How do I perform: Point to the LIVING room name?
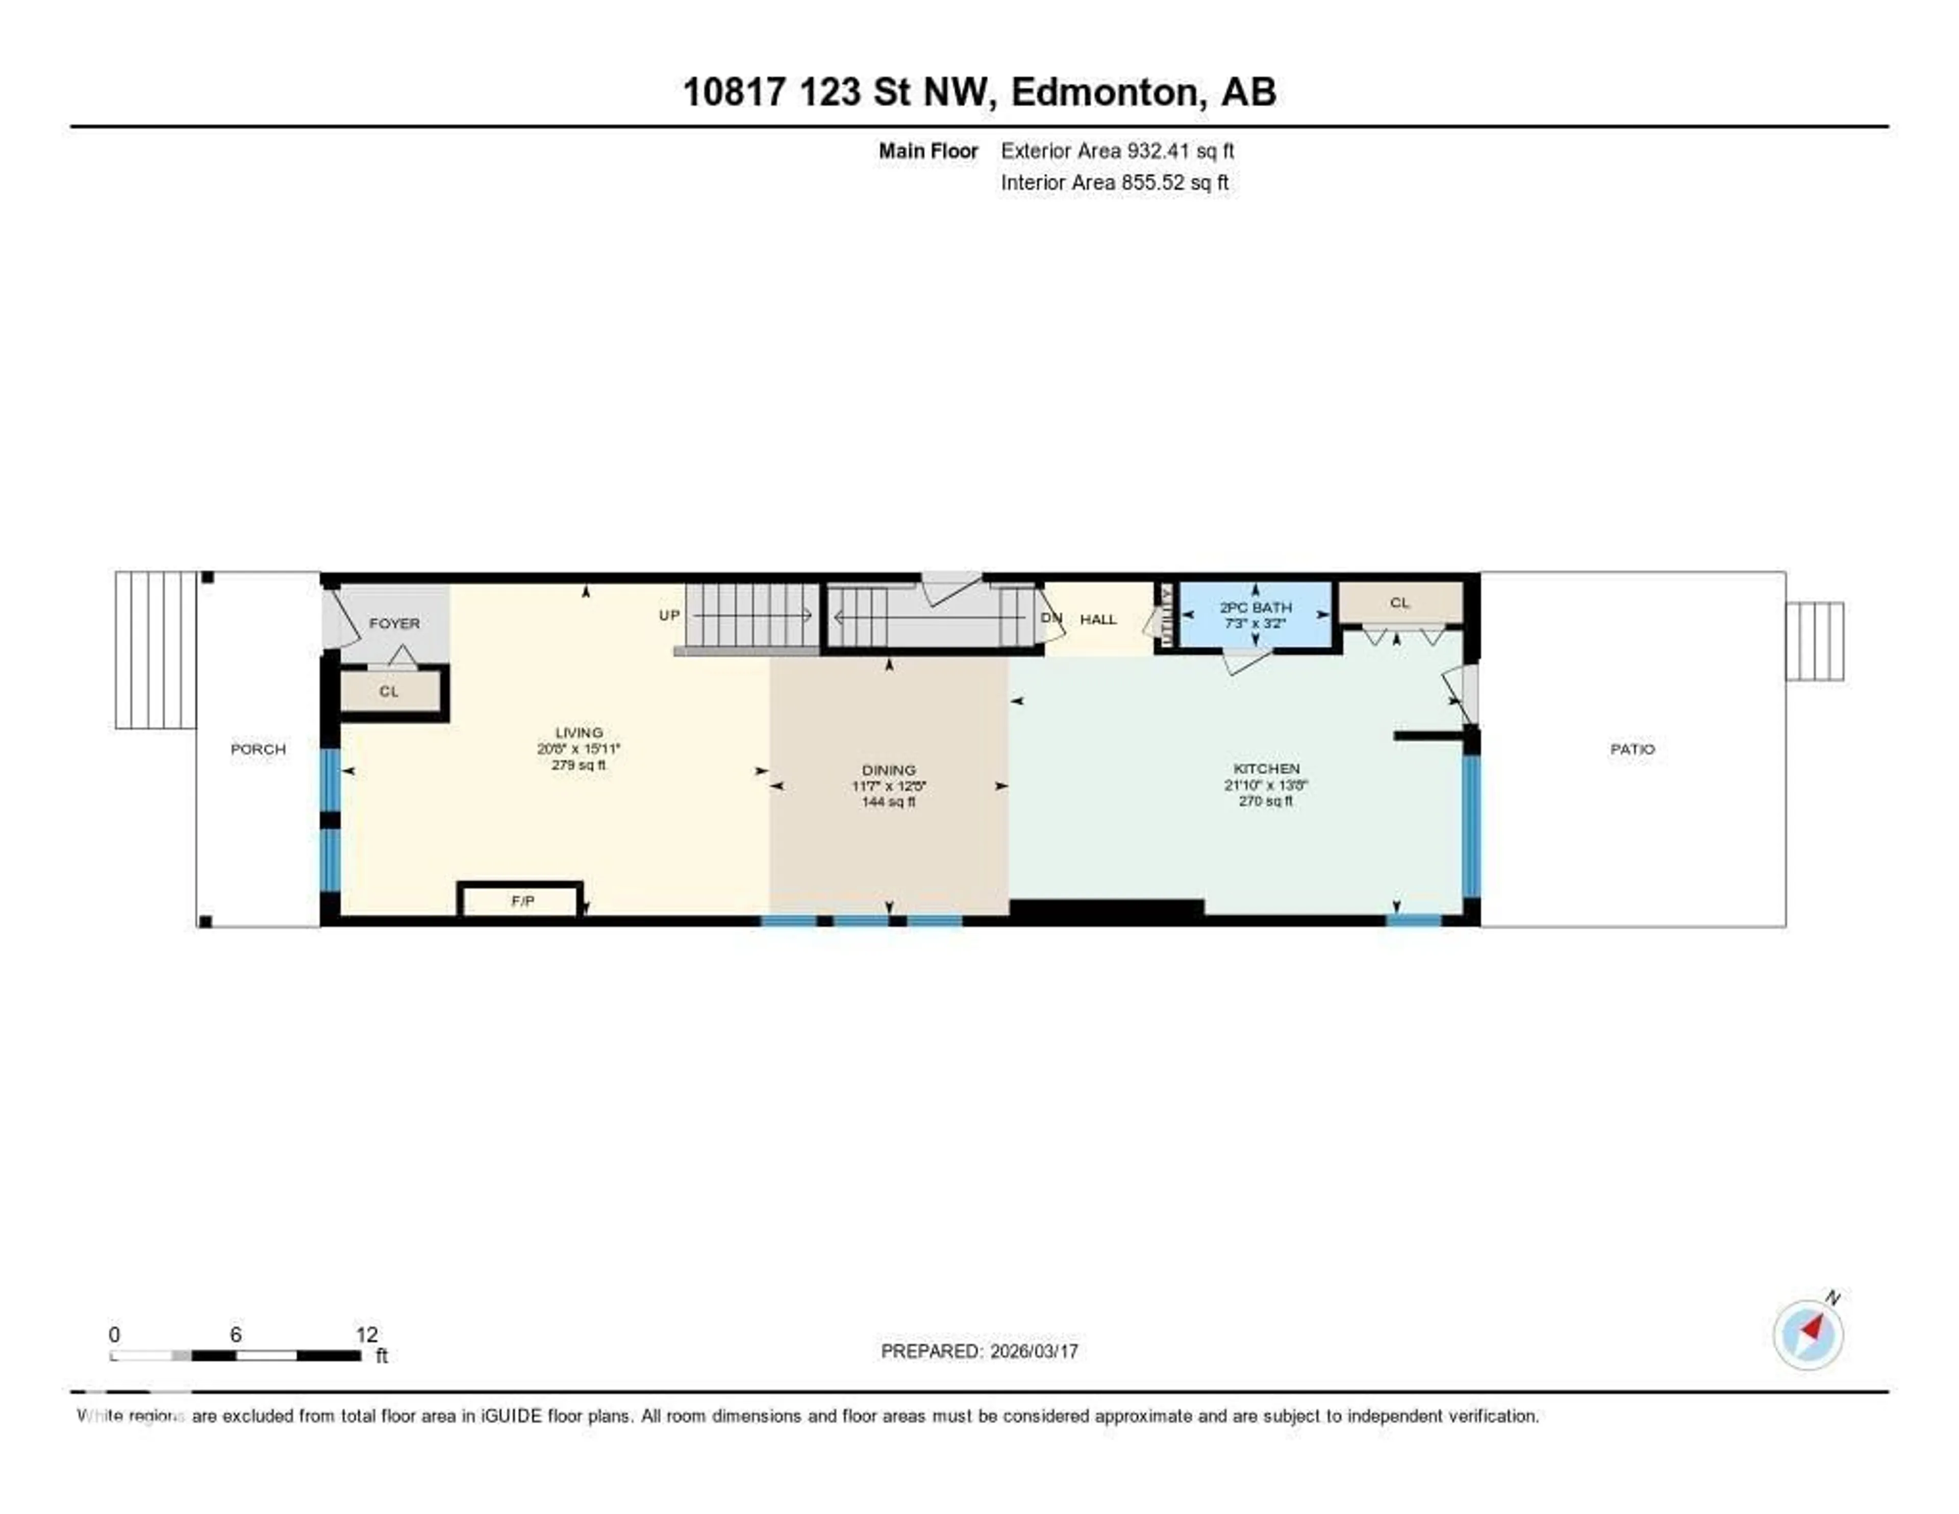pos(579,732)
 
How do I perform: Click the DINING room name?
pos(888,770)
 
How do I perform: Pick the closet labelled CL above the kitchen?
pos(1399,603)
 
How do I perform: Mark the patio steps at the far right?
pos(1814,641)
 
